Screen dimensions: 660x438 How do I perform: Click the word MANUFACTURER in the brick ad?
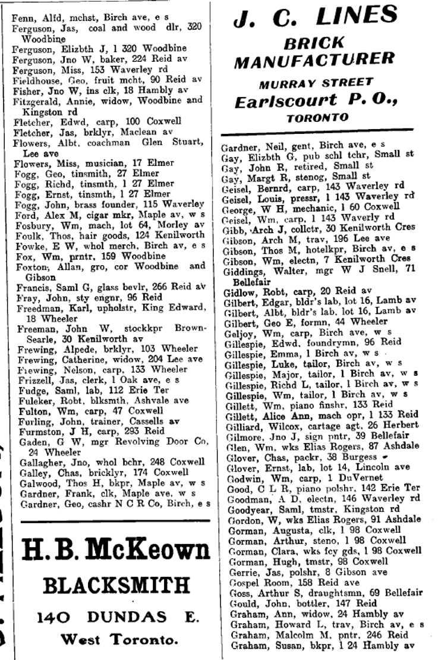point(315,59)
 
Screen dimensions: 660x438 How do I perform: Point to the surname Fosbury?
point(28,224)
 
